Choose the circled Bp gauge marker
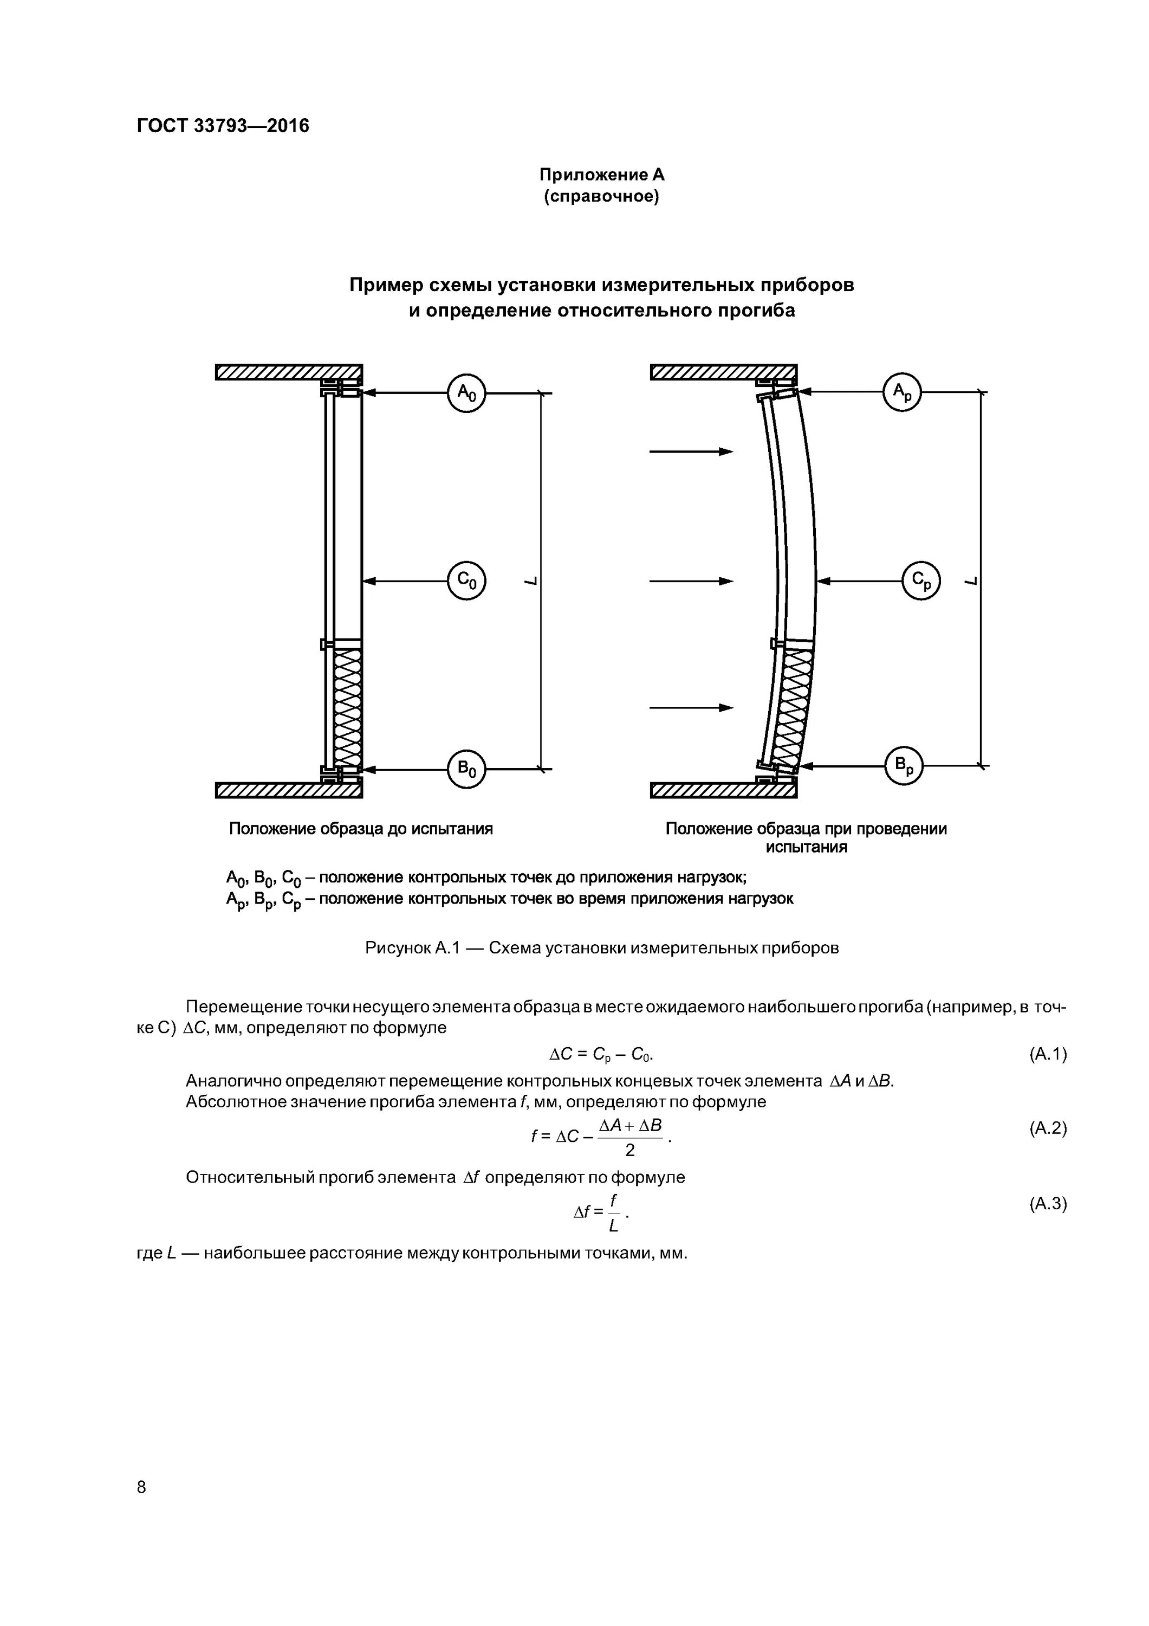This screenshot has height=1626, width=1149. coord(905,765)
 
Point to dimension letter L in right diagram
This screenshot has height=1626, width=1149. coord(971,580)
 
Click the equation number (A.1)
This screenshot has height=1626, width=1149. coord(1047,1055)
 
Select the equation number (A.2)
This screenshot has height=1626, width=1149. coord(1047,1128)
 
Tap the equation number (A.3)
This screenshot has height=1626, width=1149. coord(1047,1203)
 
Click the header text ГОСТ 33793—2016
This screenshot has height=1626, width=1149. coord(223,126)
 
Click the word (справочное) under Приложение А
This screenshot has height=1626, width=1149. coord(601,196)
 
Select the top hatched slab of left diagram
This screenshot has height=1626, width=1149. coord(288,372)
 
